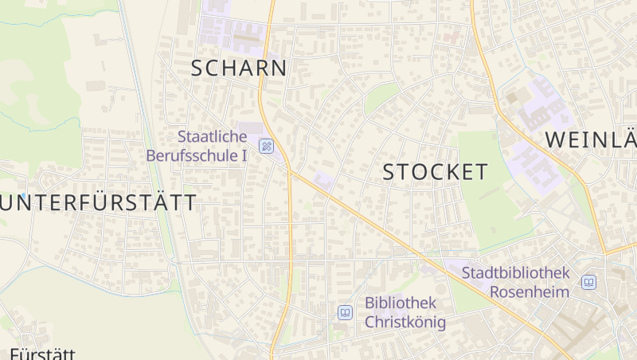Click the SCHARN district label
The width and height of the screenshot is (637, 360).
[239, 68]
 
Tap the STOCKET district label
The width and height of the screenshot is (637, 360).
[435, 172]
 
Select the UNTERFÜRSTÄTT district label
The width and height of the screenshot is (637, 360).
[99, 203]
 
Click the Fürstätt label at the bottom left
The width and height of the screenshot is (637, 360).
[42, 354]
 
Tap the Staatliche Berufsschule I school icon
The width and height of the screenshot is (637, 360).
[266, 146]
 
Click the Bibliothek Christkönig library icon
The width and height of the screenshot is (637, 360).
[345, 312]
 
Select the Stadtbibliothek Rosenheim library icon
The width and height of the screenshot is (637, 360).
[588, 283]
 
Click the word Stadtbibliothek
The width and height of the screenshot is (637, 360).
[517, 272]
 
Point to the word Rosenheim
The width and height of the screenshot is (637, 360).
[530, 292]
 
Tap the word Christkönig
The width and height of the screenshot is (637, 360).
[405, 323]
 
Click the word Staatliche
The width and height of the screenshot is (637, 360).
[213, 136]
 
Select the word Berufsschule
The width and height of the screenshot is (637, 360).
[191, 155]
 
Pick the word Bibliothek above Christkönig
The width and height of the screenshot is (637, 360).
[401, 303]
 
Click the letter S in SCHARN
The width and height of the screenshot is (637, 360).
[198, 68]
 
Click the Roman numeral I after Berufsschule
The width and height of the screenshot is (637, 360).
[244, 155]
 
